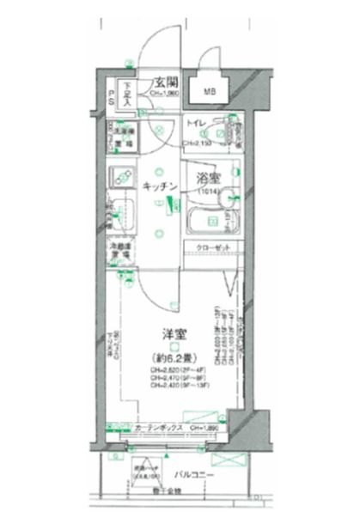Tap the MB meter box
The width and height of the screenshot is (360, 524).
pos(210,91)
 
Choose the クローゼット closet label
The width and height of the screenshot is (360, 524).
pos(210,247)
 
